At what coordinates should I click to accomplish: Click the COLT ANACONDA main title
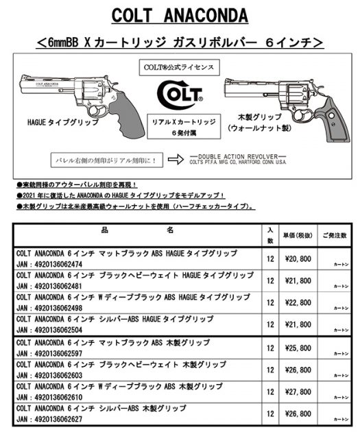(179, 15)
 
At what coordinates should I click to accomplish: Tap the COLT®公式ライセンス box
(180, 67)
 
